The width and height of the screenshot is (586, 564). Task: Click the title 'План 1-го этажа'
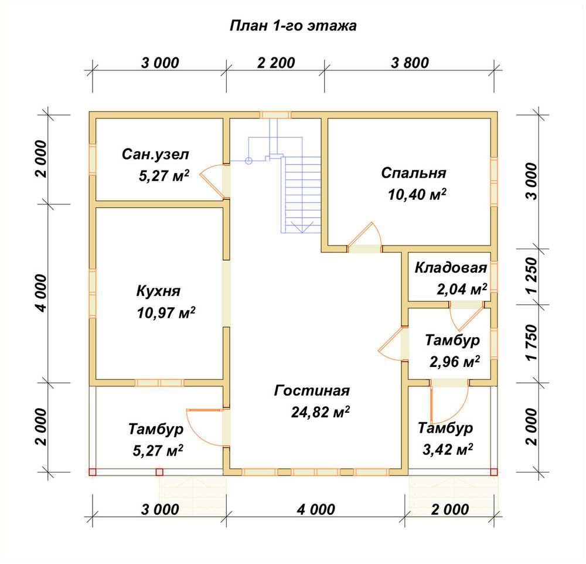293,26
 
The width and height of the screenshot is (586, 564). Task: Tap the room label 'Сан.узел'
155,154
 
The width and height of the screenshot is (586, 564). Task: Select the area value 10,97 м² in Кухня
166,312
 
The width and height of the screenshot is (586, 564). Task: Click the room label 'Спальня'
414,173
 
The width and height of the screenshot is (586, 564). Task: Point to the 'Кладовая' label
451,268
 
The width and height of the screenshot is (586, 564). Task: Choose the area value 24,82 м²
321,412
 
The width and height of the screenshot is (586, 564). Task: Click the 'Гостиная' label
312,390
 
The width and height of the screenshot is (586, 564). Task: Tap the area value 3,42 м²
448,450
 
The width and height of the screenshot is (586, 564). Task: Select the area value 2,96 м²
455,362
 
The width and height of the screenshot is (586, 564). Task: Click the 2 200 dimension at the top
276,63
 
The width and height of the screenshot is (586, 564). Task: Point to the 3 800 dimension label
410,63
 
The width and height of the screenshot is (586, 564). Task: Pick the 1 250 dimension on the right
532,276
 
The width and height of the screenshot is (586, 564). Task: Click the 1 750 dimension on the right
532,342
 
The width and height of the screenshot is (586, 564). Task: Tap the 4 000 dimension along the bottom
316,509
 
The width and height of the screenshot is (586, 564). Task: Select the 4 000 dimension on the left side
41,293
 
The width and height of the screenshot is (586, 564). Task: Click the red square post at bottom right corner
494,472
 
